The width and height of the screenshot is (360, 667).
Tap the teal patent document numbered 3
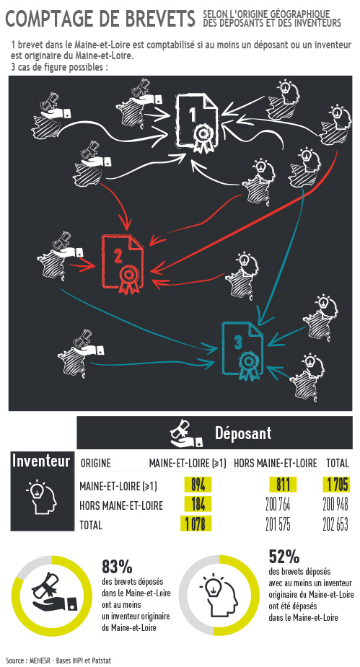[x=242, y=351]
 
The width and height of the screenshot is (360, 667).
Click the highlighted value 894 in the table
[x=198, y=485]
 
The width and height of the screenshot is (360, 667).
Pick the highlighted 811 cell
[x=283, y=485]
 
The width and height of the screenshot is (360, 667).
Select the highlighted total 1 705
[x=338, y=485]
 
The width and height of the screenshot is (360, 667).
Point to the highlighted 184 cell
[x=198, y=504]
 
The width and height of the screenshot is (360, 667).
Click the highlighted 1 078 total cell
[x=196, y=524]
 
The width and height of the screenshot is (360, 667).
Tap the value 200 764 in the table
[x=278, y=505]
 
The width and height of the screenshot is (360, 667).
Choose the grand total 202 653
[x=335, y=524]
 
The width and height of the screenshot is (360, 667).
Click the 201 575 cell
[x=278, y=524]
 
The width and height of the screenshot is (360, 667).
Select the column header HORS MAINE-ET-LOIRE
[x=276, y=463]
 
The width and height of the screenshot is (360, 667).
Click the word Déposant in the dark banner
[x=243, y=433]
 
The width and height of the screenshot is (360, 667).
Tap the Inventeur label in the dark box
[x=41, y=461]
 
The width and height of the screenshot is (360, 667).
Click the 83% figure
[x=117, y=567]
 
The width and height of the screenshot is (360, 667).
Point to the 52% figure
[x=284, y=557]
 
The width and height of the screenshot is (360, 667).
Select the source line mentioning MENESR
[x=58, y=661]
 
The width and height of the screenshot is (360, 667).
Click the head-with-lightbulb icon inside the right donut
[x=219, y=595]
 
